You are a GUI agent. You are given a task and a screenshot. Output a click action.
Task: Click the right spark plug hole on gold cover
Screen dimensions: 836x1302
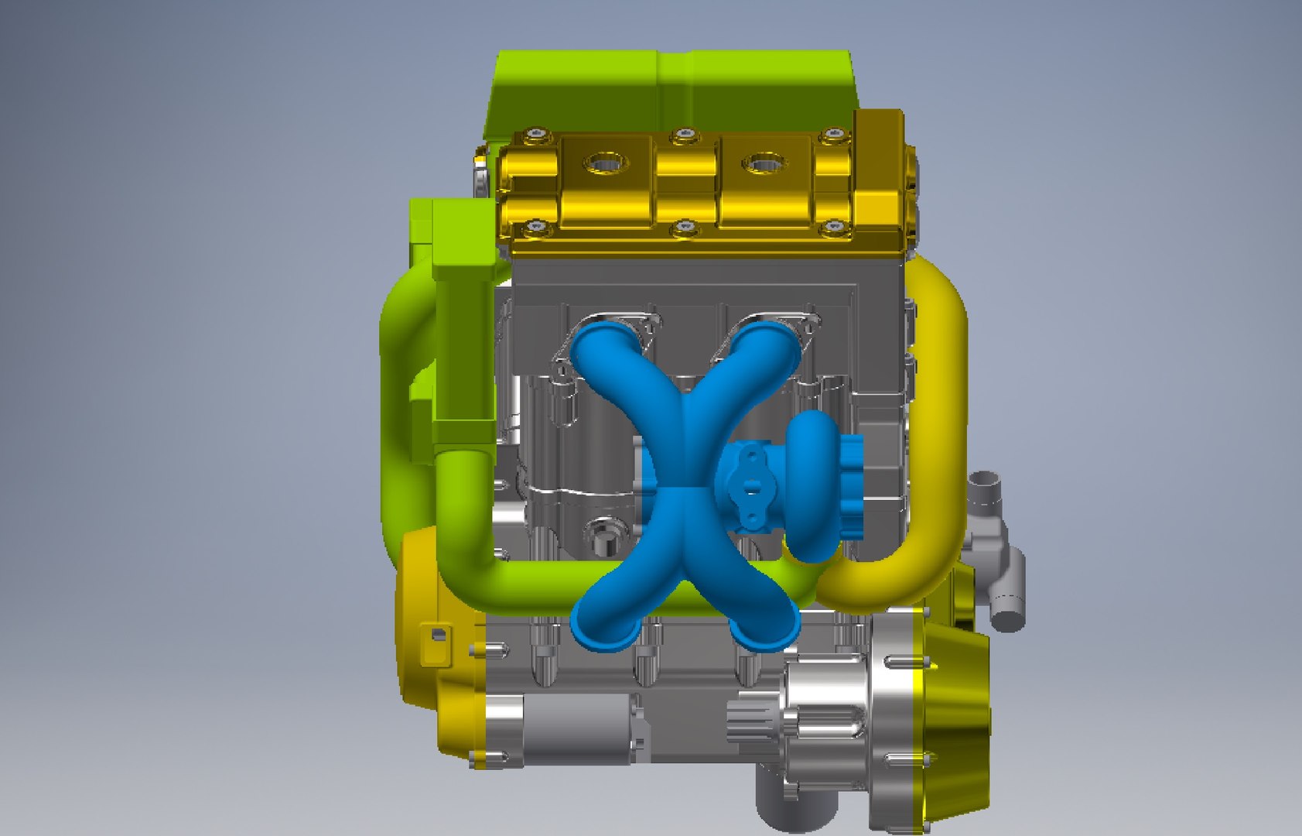click(x=764, y=164)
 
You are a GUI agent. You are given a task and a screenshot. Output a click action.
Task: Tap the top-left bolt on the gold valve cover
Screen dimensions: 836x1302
click(x=535, y=136)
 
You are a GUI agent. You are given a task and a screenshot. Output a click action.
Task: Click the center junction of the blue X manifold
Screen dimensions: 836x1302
click(x=685, y=480)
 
